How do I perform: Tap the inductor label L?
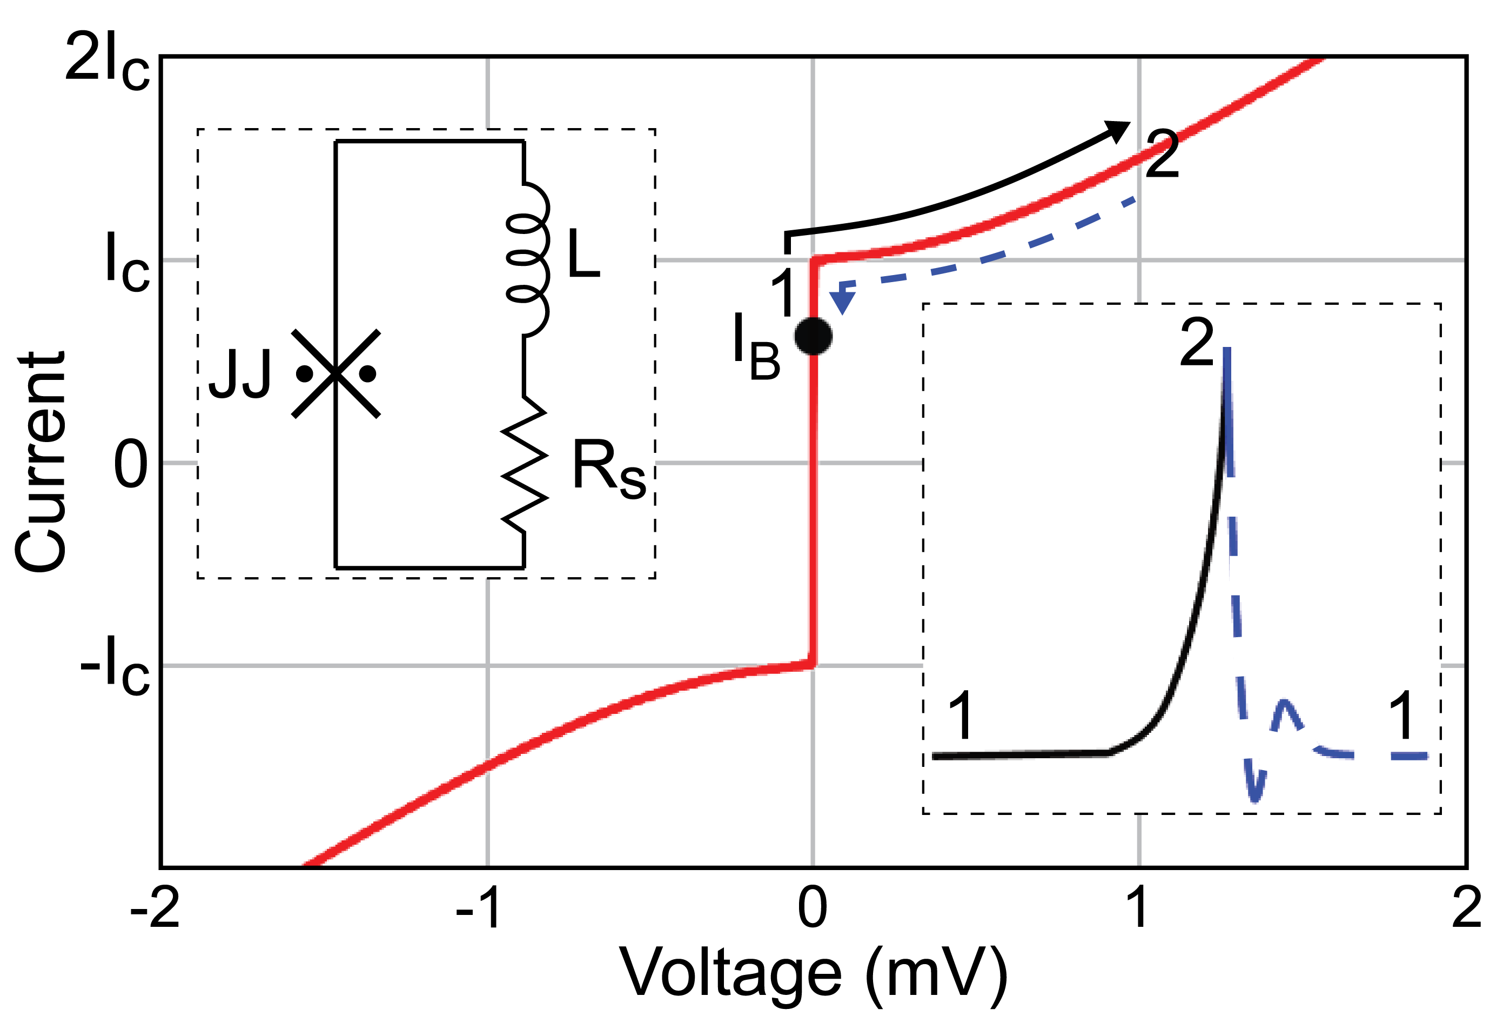583,253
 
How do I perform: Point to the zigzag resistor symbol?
525,465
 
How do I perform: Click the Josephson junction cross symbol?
335,374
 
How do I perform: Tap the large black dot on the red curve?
814,336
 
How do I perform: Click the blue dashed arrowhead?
842,302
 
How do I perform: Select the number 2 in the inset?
1196,343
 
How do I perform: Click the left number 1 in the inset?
960,716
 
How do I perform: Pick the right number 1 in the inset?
1402,716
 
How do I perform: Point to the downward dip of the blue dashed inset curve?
1256,794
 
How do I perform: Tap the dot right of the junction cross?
368,374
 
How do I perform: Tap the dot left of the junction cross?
305,374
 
